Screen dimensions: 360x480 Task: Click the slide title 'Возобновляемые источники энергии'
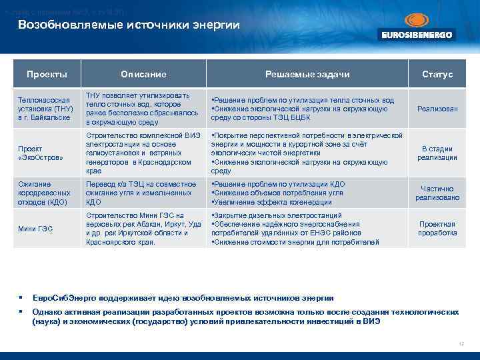point(129,25)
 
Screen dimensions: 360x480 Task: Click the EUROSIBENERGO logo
point(417,35)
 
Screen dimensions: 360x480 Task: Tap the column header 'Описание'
point(143,74)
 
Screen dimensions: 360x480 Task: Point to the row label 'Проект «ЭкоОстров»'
point(40,153)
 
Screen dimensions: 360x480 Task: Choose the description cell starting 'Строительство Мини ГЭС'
point(143,229)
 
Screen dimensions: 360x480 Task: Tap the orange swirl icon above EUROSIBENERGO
point(417,20)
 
